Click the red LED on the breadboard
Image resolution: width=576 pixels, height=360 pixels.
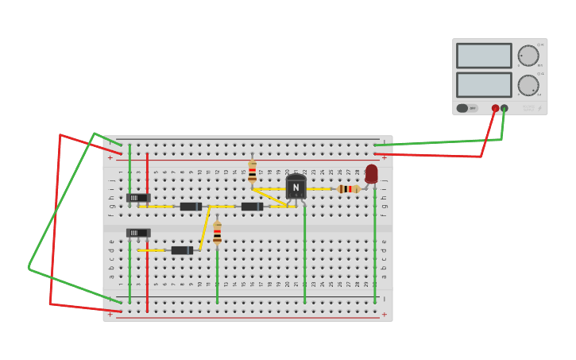click(371, 174)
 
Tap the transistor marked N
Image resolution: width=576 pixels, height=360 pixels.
click(296, 187)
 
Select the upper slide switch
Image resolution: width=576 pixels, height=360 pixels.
click(137, 198)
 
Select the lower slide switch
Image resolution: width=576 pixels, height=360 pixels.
click(137, 233)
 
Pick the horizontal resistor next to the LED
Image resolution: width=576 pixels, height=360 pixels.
click(348, 189)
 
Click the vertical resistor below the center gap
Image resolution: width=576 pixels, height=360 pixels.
click(217, 232)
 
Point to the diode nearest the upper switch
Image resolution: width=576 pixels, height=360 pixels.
click(191, 207)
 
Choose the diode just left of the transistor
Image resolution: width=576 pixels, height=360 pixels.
click(252, 207)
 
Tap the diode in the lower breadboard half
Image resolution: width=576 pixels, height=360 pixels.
click(182, 250)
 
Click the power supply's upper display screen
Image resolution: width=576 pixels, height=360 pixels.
click(484, 56)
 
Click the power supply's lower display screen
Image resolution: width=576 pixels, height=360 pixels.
click(484, 84)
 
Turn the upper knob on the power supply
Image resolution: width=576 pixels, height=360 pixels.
click(528, 56)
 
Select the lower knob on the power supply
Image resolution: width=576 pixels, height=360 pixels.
click(528, 85)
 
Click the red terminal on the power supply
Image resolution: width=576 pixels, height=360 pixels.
click(495, 108)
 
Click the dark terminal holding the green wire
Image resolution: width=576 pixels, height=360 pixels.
click(504, 108)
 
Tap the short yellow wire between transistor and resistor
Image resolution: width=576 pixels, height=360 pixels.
click(319, 189)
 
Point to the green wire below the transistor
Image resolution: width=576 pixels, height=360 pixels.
click(304, 254)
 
